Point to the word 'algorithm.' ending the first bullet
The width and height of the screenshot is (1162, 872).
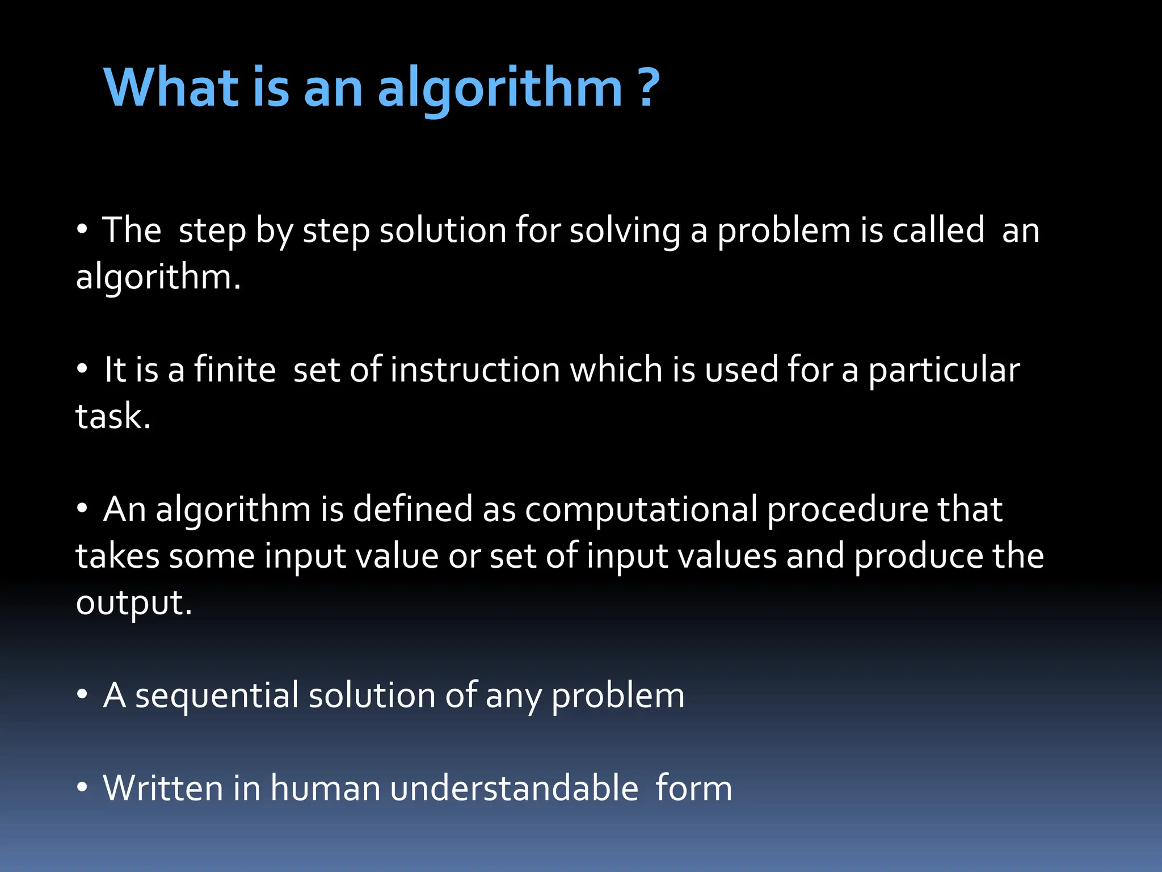(x=158, y=278)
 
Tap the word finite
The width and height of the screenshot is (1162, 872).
(x=234, y=370)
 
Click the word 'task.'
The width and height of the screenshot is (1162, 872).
(x=113, y=416)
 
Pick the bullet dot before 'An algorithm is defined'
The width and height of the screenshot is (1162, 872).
(x=82, y=509)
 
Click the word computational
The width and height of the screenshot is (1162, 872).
(x=641, y=510)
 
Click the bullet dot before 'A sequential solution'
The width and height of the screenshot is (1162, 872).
(x=82, y=694)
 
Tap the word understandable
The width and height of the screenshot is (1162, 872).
(x=514, y=788)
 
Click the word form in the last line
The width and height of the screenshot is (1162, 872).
(x=693, y=788)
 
